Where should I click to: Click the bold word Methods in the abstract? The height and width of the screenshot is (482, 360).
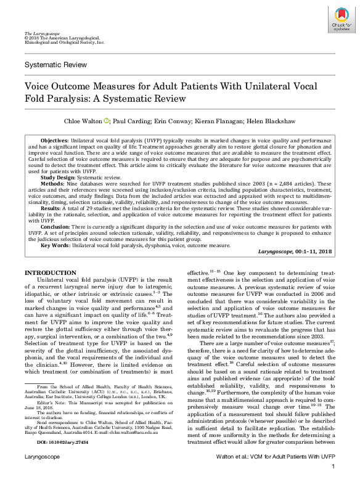pyautogui.click(x=52, y=183)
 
